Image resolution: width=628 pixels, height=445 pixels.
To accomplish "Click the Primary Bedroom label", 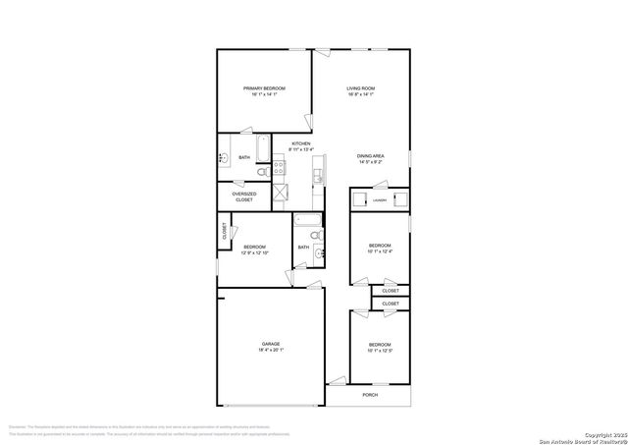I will [264, 88].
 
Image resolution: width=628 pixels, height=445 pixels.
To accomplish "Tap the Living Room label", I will [360, 88].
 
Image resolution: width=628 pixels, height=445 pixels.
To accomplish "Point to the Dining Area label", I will [370, 156].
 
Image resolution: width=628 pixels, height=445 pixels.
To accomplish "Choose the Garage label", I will [270, 343].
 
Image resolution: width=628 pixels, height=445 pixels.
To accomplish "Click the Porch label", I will [370, 395].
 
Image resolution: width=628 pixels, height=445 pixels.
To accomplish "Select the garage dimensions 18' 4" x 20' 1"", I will [271, 350].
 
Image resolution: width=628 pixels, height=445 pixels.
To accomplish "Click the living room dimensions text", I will [360, 95].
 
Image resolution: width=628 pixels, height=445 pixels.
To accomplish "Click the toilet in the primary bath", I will [261, 172].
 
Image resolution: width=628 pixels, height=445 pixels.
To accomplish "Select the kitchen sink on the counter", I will [319, 178].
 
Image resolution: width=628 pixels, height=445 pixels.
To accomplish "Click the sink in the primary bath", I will [225, 157].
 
